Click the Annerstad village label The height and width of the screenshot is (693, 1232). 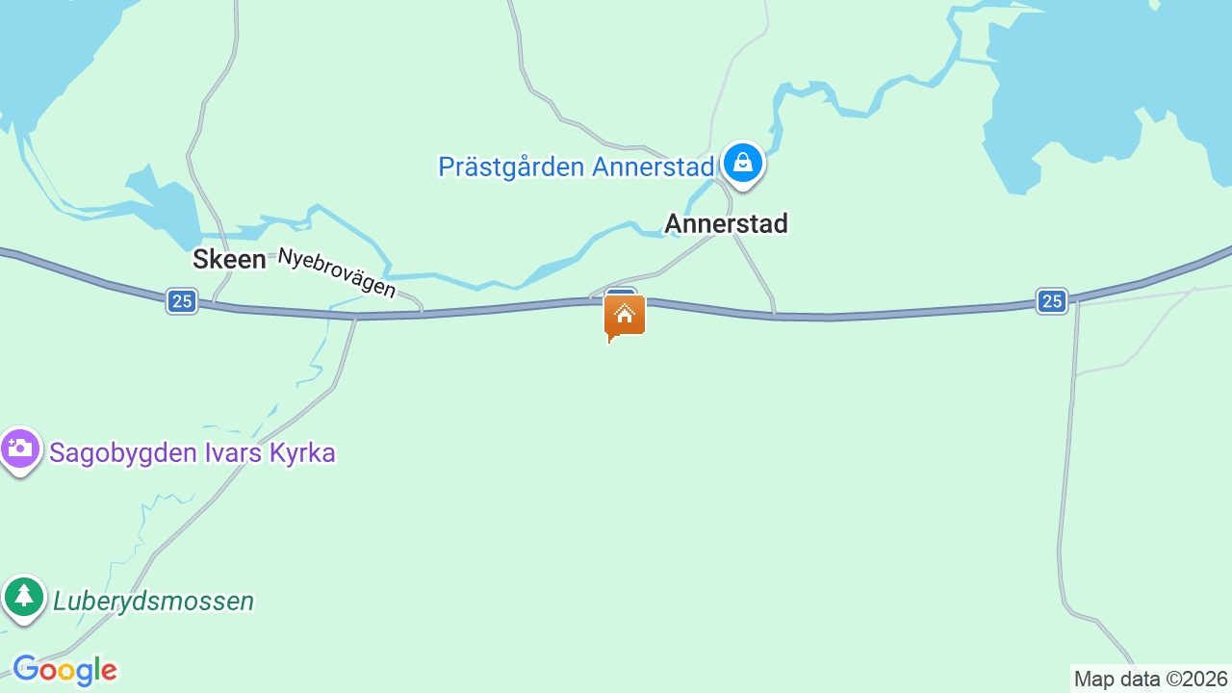point(726,223)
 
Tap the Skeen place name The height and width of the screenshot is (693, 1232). point(229,259)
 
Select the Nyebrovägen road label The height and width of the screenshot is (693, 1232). point(337,273)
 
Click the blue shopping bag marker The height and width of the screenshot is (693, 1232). point(742,163)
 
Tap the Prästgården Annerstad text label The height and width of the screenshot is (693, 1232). point(576,167)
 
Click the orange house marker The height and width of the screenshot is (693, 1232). point(625,316)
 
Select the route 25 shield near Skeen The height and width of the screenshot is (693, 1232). point(181,301)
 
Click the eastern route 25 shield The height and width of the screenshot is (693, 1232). point(1052,301)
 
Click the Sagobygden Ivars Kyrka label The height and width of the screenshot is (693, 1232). point(192,452)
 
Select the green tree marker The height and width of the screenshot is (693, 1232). point(24,597)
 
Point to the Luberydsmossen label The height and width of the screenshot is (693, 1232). point(154,602)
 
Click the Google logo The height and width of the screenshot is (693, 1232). point(64,671)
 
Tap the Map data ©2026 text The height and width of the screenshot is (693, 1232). point(1150,679)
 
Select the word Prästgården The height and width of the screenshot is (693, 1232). point(511,167)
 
